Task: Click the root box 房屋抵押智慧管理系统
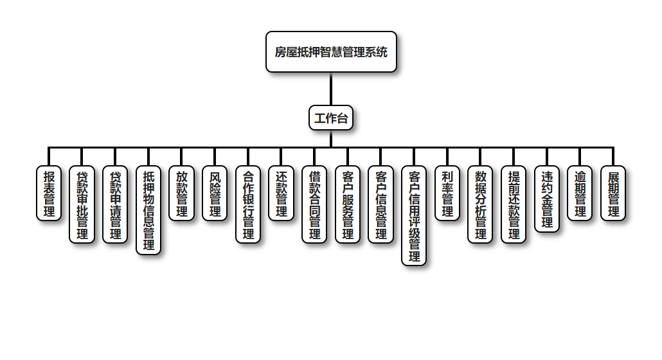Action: (331, 52)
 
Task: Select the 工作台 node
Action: (331, 118)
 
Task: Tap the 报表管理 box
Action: (49, 193)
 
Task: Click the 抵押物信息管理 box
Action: (148, 210)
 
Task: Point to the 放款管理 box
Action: (182, 193)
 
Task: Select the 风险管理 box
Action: (215, 193)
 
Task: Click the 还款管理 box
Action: (282, 193)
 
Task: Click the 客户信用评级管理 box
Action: (414, 215)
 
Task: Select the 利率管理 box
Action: (447, 193)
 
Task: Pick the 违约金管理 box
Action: (547, 199)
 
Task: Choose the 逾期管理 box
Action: (580, 193)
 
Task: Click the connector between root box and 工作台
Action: (331, 89)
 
